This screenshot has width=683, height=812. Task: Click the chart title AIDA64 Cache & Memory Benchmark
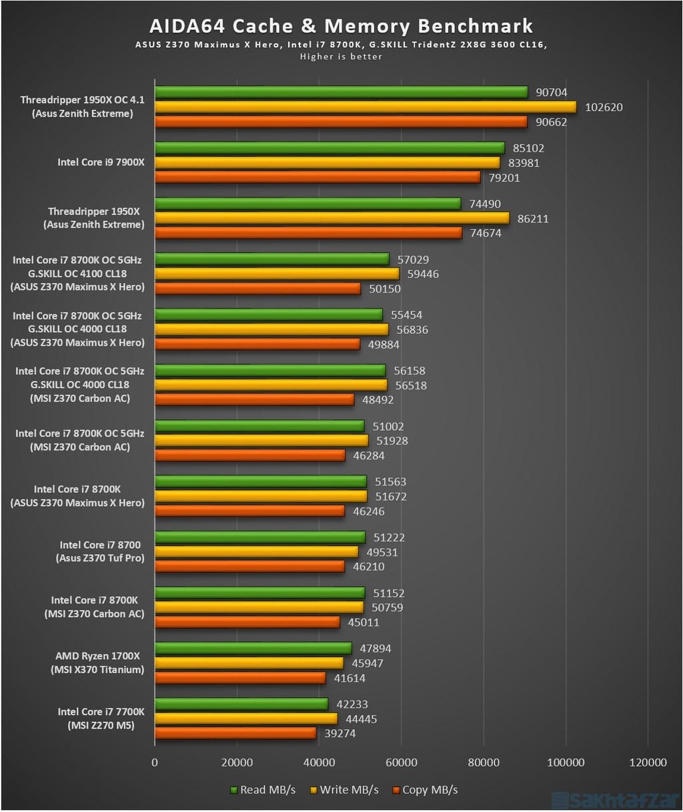click(x=341, y=26)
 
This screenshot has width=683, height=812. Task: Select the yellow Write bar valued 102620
click(x=365, y=107)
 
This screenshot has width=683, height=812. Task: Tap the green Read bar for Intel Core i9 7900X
click(x=329, y=148)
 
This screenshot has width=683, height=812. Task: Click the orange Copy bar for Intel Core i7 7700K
click(x=235, y=733)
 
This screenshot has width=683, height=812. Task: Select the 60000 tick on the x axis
click(x=402, y=763)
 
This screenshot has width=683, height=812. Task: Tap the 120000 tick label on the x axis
click(x=648, y=763)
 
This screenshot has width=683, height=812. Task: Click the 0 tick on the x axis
click(x=155, y=763)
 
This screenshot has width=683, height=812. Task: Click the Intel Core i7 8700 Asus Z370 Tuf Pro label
click(x=100, y=552)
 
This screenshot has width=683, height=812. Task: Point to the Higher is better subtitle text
click(x=341, y=57)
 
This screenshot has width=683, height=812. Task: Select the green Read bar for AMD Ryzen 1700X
click(x=253, y=648)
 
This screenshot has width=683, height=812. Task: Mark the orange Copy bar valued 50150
click(x=257, y=288)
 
